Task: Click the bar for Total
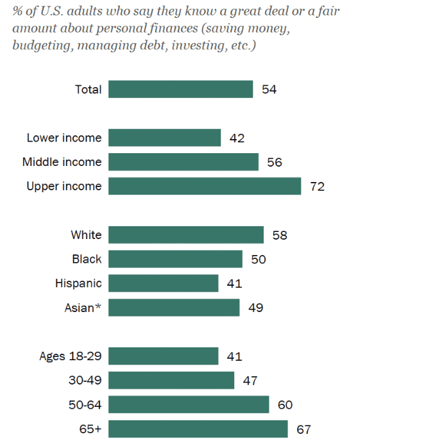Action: pos(180,89)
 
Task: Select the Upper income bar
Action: pos(205,186)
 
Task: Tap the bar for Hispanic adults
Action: pos(163,283)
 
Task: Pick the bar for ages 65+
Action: pos(198,429)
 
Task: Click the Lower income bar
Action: pos(164,138)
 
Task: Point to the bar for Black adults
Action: pos(175,259)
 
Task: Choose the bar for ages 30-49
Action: pos(171,381)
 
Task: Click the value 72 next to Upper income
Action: pos(317,186)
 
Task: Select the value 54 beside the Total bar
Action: pos(269,89)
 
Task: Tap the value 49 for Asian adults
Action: pos(255,308)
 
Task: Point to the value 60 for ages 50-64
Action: pos(285,405)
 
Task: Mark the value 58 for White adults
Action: pos(279,235)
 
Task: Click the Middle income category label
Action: pos(62,162)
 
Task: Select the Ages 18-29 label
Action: pos(70,356)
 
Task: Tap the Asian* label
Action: pos(83,308)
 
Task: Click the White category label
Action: pos(86,235)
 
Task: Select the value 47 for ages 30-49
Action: pos(250,381)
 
